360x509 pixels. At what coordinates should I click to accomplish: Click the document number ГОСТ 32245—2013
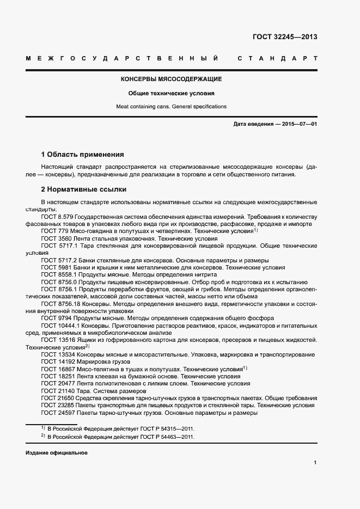(285, 38)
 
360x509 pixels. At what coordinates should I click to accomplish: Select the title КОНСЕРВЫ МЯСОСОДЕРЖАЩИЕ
(171, 79)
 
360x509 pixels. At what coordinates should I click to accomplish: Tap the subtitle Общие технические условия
(171, 93)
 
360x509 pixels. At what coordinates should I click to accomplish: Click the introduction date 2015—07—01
(299, 124)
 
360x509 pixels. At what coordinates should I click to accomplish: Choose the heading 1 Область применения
(83, 154)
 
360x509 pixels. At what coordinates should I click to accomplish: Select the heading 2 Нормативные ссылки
(84, 189)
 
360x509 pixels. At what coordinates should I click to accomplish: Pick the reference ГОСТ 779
(55, 231)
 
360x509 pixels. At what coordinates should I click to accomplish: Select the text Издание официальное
(57, 453)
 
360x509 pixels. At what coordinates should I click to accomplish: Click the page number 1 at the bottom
(315, 463)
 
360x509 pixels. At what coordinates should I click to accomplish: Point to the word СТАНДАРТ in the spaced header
(277, 58)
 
